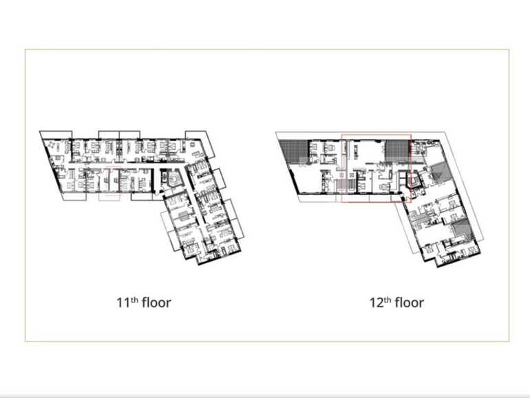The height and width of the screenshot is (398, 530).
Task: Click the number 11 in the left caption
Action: point(123,302)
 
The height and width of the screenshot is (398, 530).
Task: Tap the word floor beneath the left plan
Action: point(156,302)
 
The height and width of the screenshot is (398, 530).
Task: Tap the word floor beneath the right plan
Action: point(410,302)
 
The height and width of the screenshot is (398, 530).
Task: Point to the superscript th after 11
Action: point(135,299)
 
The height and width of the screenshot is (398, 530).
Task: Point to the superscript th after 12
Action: point(388,299)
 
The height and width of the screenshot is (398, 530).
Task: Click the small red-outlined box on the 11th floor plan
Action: point(109,184)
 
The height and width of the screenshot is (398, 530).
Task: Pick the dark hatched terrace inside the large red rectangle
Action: point(398,149)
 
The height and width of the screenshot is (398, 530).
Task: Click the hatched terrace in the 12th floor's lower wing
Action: point(460,230)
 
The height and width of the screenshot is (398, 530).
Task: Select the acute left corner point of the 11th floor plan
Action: point(41,132)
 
